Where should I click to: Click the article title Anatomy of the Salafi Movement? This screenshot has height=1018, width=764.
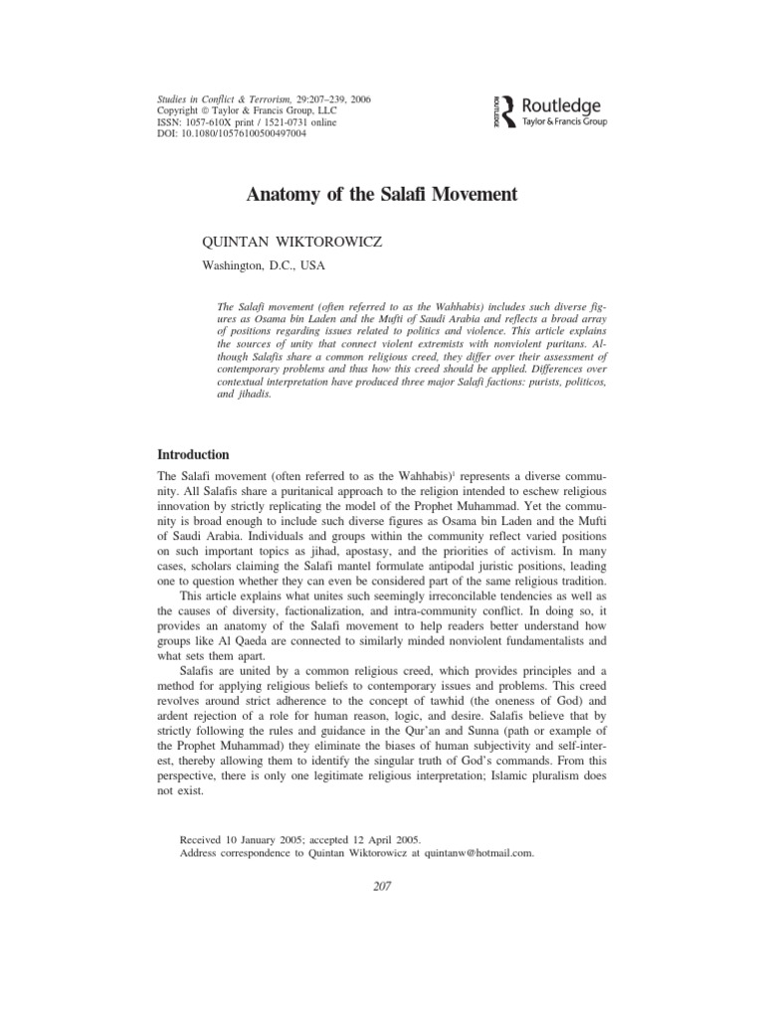(x=382, y=195)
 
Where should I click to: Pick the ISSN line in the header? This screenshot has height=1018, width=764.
(x=242, y=121)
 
